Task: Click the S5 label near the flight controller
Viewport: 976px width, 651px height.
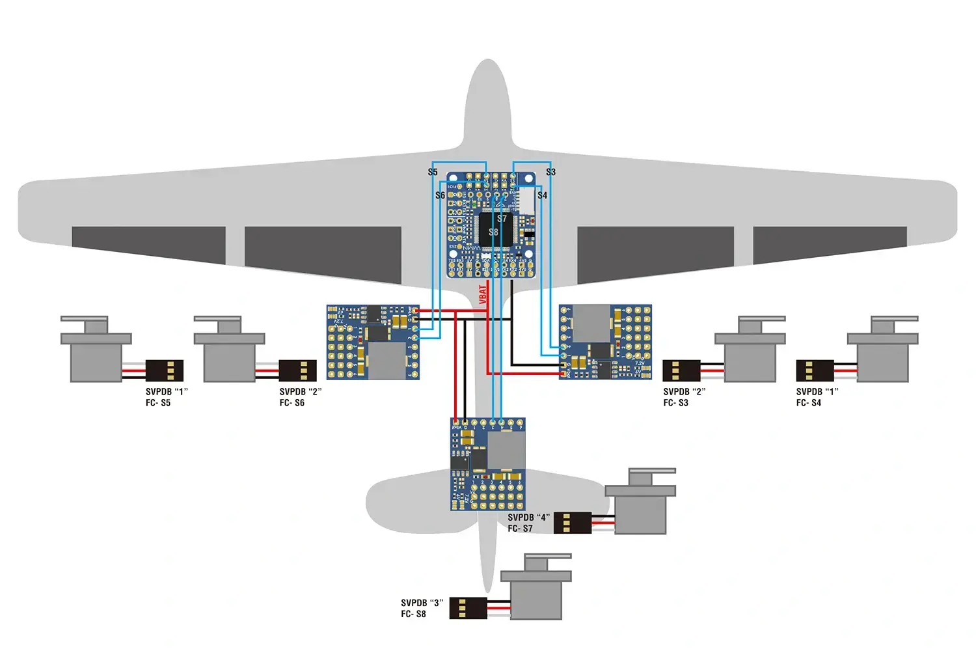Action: tap(433, 173)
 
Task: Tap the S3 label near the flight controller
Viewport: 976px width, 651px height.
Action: tap(550, 173)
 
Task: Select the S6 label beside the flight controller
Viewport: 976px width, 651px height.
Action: tap(441, 195)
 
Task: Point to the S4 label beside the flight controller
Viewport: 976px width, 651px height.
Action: tap(542, 195)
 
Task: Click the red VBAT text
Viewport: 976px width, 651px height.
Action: tap(483, 294)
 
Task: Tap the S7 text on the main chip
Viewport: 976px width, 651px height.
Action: tap(502, 219)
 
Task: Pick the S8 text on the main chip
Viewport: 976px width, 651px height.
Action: tap(493, 232)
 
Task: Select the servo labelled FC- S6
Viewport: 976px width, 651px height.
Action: tap(229, 355)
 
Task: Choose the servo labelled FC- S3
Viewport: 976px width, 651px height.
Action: tap(750, 355)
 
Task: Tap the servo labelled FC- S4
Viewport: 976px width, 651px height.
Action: tap(883, 355)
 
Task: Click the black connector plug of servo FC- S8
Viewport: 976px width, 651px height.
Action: tap(468, 608)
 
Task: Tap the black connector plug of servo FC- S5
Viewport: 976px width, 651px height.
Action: tap(165, 370)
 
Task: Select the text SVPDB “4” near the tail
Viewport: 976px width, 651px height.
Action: tap(528, 518)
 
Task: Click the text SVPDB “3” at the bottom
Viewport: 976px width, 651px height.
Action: tap(422, 603)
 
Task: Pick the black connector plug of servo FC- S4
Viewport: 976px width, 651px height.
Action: tap(815, 370)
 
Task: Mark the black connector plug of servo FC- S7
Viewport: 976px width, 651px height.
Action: tap(573, 523)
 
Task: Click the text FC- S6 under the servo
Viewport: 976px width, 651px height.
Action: tap(292, 403)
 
